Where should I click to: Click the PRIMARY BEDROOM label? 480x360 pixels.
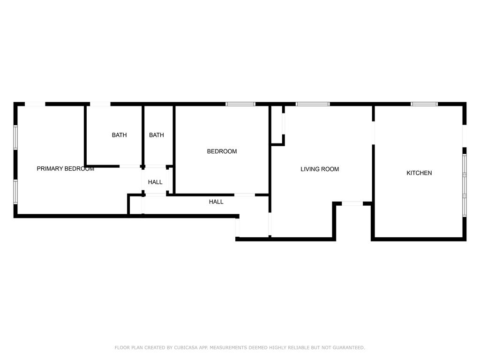[65, 169]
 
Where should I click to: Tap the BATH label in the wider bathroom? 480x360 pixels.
[119, 135]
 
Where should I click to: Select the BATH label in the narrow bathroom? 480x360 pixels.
[157, 135]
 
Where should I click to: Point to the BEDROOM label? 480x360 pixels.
[222, 151]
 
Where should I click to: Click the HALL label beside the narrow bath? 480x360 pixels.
[155, 182]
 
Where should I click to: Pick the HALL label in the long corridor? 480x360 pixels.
[216, 202]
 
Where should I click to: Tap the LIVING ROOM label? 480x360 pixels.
[320, 169]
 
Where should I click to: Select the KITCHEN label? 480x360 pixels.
[419, 173]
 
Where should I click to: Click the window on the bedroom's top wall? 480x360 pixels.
[240, 104]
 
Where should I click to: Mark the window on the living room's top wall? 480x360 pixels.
[313, 104]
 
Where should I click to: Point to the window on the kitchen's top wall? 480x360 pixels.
[424, 104]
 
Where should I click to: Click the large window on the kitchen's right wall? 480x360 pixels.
[465, 186]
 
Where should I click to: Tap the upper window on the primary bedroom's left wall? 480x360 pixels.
[15, 137]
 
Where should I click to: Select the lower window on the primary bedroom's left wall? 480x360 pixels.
[15, 192]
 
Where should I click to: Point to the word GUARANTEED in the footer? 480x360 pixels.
[348, 348]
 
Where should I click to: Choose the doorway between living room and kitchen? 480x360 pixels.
[374, 133]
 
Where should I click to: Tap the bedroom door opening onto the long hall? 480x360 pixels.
[245, 195]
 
